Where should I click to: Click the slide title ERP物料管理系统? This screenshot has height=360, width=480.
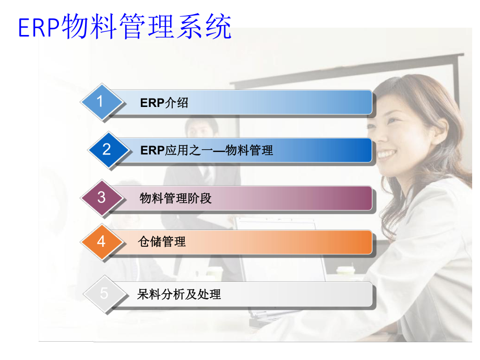coord(125,27)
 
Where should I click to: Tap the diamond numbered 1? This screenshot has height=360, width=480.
coord(101,102)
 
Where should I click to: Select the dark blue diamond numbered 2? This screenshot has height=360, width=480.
coord(107,150)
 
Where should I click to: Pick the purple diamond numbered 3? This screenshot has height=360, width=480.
coord(102,198)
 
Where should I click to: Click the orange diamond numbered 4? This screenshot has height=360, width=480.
coord(102,242)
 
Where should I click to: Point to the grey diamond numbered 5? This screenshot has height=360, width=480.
coord(104,294)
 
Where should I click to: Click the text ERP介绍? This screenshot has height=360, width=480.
coord(164,103)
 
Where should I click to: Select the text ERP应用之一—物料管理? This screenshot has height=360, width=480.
coord(207,151)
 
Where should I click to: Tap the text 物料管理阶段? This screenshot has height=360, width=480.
coord(176,198)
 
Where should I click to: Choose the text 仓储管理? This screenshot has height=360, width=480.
coord(162,242)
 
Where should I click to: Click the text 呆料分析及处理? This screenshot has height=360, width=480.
coord(179,295)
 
